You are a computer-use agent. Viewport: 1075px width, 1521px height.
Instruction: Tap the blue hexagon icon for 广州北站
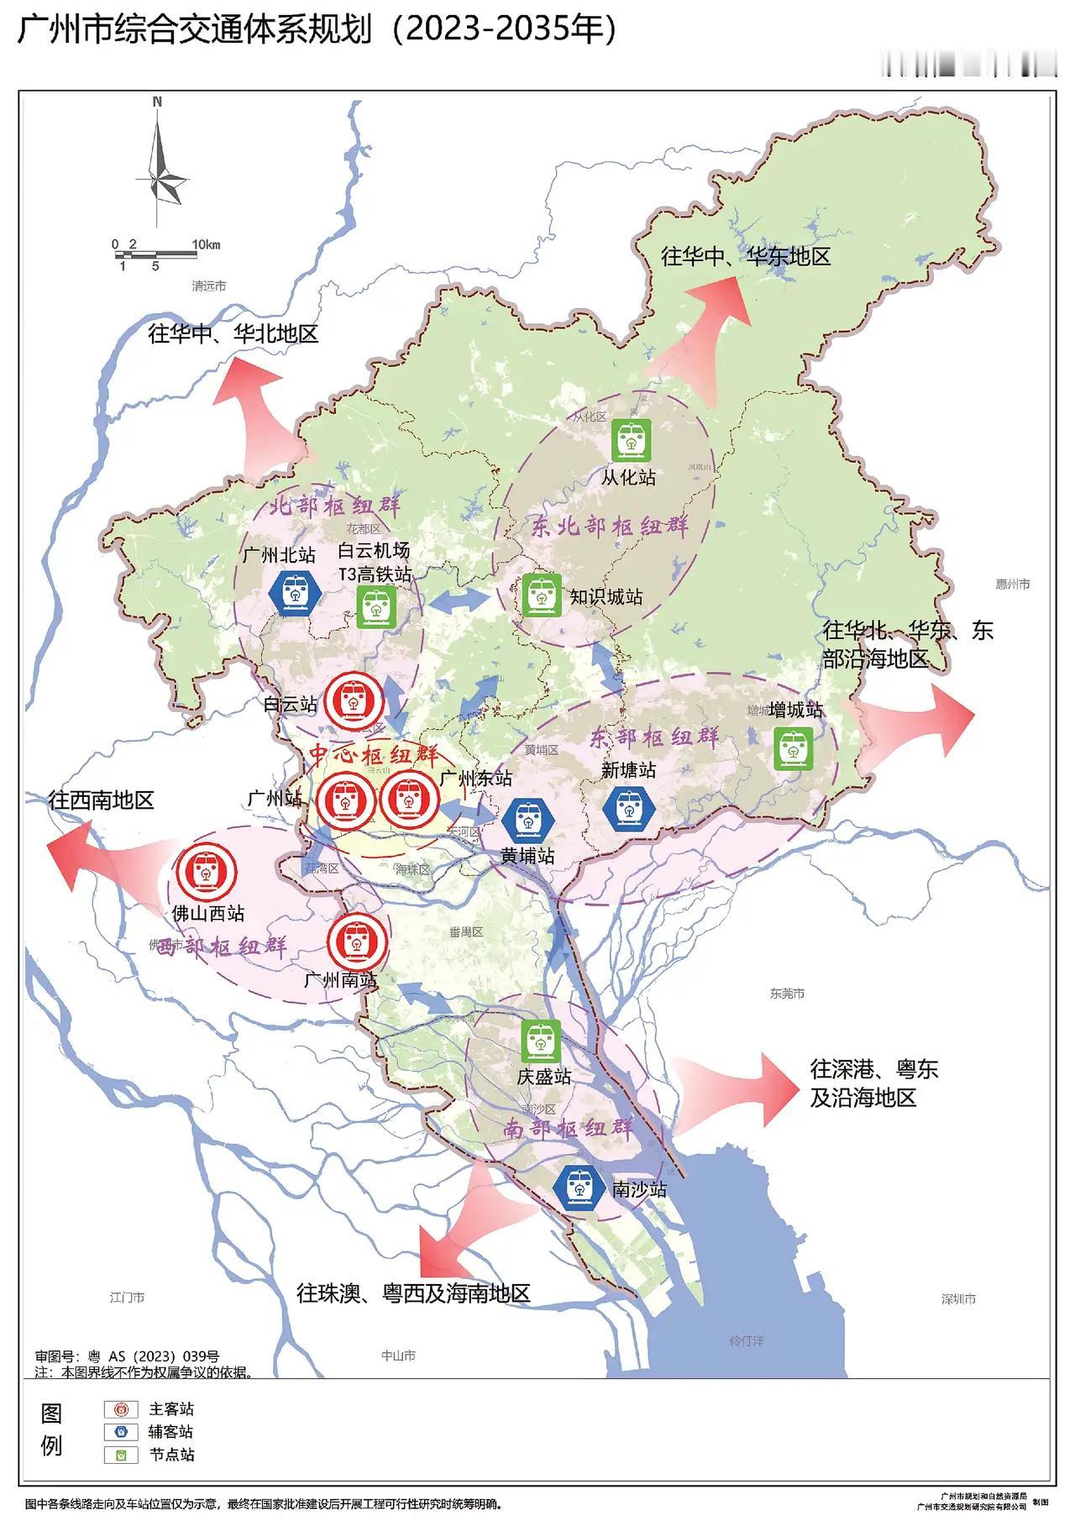295,592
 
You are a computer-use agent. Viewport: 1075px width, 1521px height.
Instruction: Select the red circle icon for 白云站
354,701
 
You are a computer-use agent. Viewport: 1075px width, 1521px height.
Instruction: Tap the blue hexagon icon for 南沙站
579,1188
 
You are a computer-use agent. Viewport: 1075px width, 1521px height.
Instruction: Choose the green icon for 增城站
793,748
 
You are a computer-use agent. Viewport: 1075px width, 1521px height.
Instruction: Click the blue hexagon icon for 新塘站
629,809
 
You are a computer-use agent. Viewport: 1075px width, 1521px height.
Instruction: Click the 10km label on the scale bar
206,244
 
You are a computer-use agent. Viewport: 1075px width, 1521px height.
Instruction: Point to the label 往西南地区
101,800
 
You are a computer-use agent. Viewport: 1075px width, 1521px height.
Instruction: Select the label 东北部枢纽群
611,527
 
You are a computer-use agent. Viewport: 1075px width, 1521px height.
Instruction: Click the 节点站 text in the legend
171,1454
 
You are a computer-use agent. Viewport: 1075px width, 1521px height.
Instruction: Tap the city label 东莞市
787,994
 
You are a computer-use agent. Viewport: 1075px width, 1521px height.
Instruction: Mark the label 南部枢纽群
568,1127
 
